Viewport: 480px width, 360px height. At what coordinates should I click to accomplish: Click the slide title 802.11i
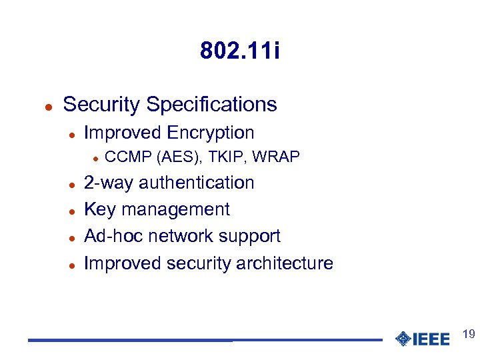[240, 51]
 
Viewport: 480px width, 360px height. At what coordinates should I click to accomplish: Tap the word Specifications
[211, 105]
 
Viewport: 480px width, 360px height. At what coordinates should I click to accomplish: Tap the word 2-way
[109, 183]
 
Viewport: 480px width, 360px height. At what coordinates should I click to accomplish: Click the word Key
[100, 209]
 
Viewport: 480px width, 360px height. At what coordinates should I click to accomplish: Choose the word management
[175, 210]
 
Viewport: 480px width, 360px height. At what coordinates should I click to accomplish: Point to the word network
[180, 236]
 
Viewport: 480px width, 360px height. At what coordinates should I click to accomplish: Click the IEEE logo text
[431, 339]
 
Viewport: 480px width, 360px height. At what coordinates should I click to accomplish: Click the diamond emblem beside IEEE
[403, 339]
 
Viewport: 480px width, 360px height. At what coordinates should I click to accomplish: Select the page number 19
[468, 333]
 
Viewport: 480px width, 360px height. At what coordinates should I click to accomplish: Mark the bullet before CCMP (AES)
[95, 158]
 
